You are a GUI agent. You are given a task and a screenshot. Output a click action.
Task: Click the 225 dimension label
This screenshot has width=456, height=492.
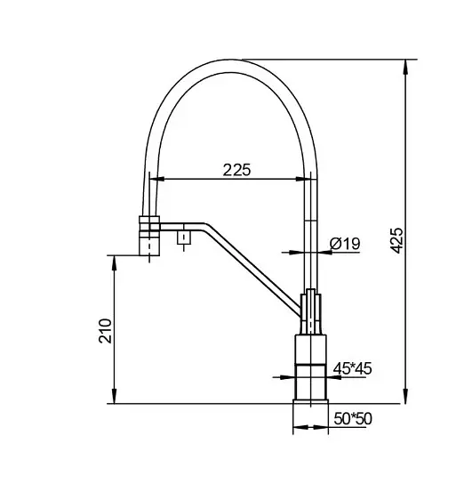(237, 170)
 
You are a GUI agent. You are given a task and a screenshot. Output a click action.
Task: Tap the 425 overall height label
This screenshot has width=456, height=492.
(396, 241)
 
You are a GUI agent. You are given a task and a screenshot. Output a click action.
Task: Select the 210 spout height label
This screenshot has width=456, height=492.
(106, 331)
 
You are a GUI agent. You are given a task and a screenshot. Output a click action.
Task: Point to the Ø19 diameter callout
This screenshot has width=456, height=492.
(345, 244)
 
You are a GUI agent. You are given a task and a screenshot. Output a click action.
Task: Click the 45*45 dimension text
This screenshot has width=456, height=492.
(352, 368)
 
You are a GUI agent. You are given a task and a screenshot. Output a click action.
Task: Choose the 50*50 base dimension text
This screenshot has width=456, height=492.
(353, 418)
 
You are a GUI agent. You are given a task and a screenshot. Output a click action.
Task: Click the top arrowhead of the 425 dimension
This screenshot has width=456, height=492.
(405, 67)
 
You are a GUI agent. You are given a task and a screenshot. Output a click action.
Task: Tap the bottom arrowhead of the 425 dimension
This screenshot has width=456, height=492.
(405, 396)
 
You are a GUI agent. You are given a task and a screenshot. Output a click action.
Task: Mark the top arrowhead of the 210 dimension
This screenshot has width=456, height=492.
(115, 263)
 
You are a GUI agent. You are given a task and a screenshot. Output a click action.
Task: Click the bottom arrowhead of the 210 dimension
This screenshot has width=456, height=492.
(115, 396)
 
